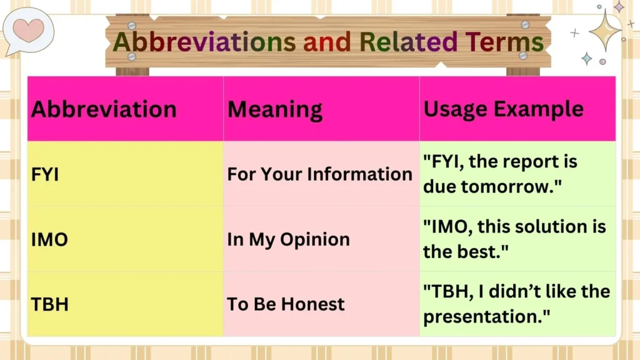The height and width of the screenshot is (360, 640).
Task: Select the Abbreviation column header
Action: click(104, 109)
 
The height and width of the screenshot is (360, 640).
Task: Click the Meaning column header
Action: click(275, 109)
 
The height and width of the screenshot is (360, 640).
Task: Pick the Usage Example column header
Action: click(503, 109)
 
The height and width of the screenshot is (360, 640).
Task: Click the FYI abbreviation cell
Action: click(45, 174)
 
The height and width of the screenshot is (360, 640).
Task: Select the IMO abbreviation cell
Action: click(49, 239)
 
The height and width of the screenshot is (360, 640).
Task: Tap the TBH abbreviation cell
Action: click(49, 304)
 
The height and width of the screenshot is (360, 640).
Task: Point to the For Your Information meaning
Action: click(319, 174)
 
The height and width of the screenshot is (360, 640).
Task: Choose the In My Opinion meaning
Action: click(288, 239)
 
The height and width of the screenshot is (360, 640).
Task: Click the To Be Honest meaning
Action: click(286, 304)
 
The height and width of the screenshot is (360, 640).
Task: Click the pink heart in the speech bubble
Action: click(28, 29)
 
